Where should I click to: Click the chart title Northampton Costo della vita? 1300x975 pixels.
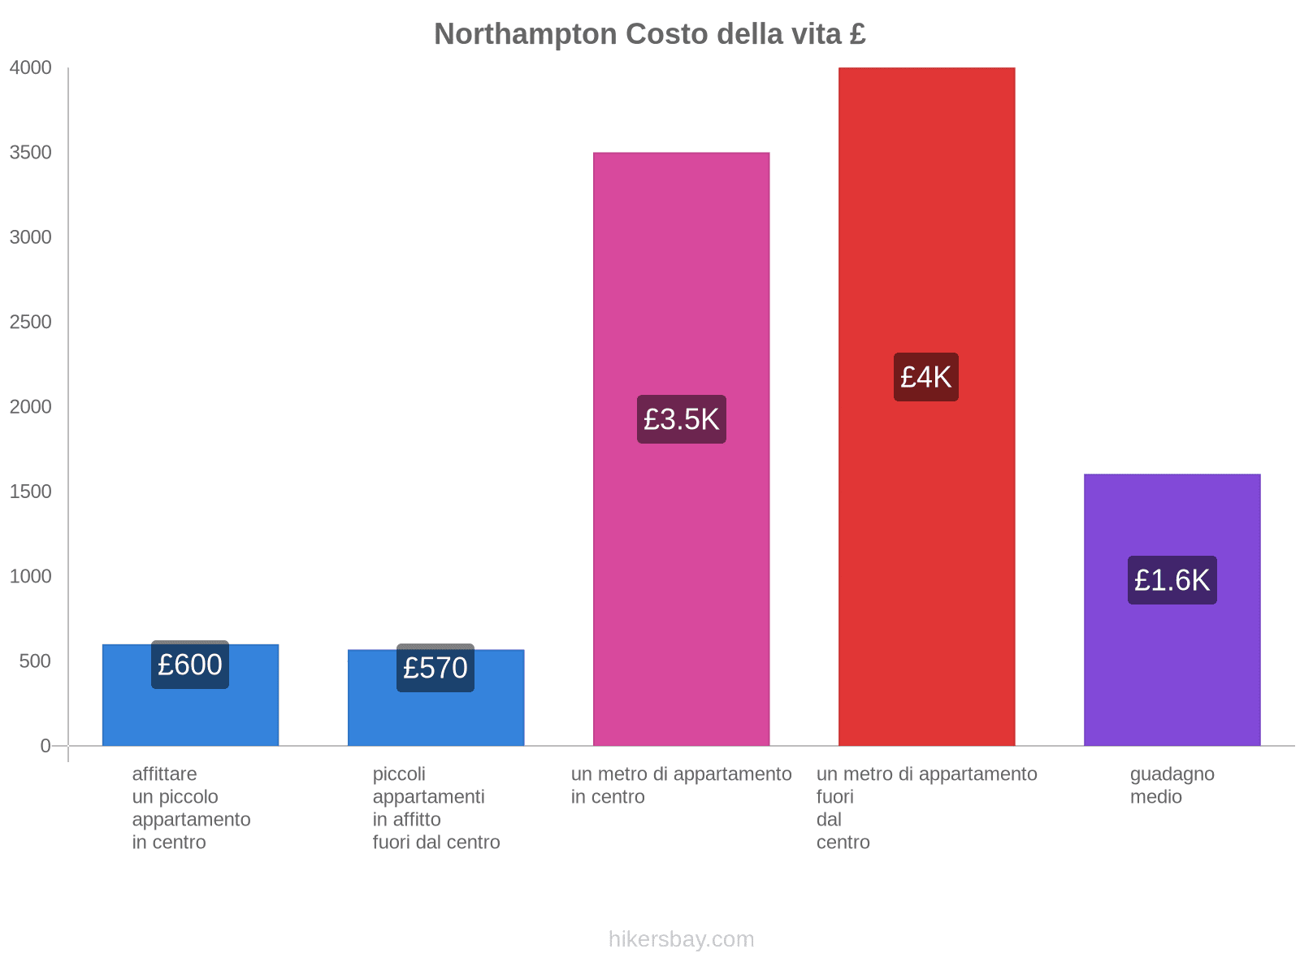click(649, 34)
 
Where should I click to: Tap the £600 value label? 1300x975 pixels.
click(190, 665)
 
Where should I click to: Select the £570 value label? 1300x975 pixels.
click(435, 668)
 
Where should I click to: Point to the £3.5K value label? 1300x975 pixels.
click(681, 419)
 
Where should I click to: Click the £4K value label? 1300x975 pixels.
click(925, 377)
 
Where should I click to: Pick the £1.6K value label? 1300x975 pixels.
click(1172, 580)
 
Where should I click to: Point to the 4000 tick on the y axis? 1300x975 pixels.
click(31, 68)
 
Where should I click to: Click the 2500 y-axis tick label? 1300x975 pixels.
click(31, 323)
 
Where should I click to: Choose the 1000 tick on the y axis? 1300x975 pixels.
click(31, 577)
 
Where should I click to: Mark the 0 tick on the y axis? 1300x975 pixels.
click(45, 746)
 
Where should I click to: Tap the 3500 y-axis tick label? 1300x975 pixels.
click(31, 153)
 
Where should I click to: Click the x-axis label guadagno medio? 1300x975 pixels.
click(1172, 786)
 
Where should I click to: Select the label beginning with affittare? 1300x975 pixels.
click(191, 808)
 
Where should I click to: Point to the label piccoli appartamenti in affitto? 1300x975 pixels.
click(435, 808)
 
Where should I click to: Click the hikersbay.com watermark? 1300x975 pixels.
click(681, 939)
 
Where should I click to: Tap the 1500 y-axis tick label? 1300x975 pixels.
click(31, 492)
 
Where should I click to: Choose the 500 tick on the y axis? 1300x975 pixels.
click(36, 661)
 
